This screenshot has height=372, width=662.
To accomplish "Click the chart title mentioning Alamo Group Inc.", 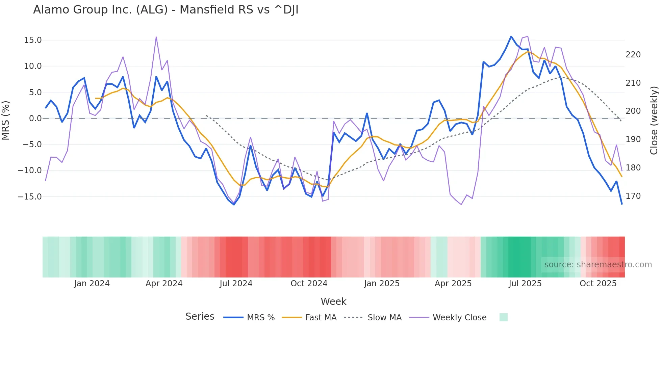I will [x=165, y=10].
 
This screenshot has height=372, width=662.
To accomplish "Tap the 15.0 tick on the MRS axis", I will [x=33, y=40].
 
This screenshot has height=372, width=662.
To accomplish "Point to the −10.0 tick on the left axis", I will [x=30, y=170].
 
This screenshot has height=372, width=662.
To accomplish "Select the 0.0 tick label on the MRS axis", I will [x=35, y=118].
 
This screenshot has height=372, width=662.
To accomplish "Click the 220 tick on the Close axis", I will [x=633, y=55].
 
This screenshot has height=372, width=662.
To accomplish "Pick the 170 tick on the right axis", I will [x=633, y=196].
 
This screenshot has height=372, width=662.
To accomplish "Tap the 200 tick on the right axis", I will [x=633, y=111].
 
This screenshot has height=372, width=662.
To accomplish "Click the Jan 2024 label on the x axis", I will [x=92, y=284].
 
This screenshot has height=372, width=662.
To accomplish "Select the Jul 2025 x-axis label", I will [x=525, y=284].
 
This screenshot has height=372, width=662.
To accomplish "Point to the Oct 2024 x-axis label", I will [x=309, y=284].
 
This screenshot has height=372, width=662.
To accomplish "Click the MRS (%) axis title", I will [x=6, y=121].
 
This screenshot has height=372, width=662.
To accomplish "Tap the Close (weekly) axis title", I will [x=654, y=121].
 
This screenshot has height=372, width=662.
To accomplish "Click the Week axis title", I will [x=333, y=301].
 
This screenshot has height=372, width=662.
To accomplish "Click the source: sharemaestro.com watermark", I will [x=598, y=265].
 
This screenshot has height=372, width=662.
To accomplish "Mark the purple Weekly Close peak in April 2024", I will [x=156, y=37].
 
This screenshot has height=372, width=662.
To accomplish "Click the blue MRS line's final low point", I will [x=622, y=204].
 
